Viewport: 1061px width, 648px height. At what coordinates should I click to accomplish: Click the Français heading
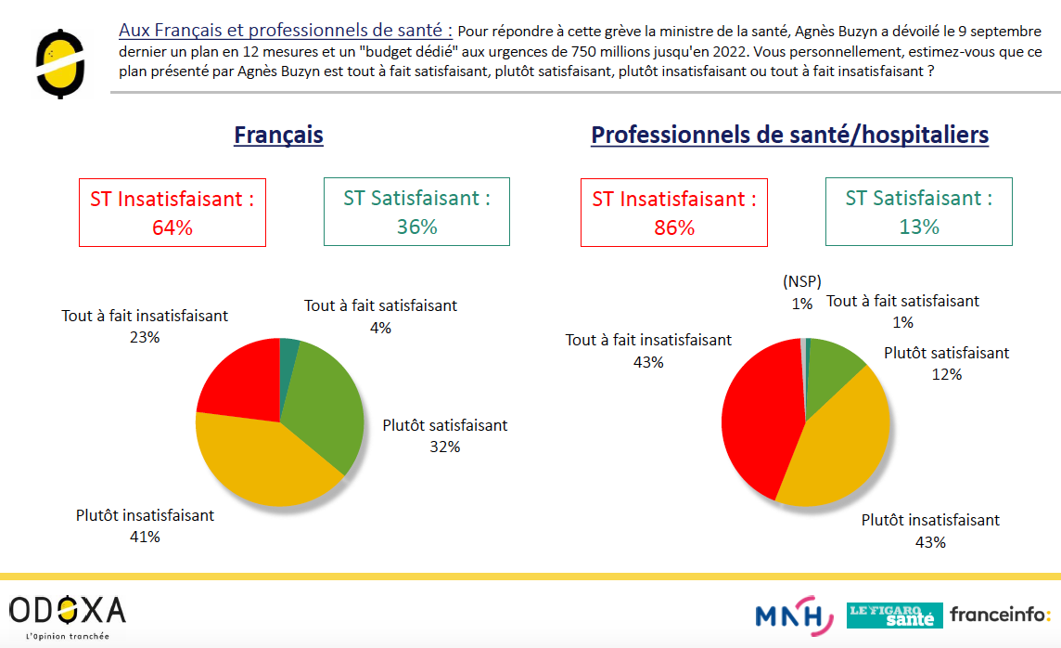click(278, 135)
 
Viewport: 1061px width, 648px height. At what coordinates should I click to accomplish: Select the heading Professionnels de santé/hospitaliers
click(789, 135)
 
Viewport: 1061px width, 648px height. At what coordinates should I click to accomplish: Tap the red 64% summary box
click(173, 213)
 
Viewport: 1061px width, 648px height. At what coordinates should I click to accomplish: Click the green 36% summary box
click(416, 212)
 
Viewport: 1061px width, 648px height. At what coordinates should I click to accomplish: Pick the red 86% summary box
click(674, 213)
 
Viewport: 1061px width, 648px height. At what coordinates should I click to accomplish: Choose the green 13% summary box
click(919, 212)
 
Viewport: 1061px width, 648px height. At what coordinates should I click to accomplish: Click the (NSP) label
click(802, 281)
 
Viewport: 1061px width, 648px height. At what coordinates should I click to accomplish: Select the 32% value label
click(444, 447)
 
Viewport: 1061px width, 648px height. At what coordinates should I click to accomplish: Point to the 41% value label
click(145, 537)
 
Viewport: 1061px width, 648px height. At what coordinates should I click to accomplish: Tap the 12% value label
click(947, 374)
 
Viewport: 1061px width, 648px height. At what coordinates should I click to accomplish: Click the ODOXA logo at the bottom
click(67, 616)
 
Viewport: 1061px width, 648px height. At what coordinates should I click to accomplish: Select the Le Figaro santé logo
click(895, 616)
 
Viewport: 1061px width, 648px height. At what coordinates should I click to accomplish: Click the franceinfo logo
click(1000, 615)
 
